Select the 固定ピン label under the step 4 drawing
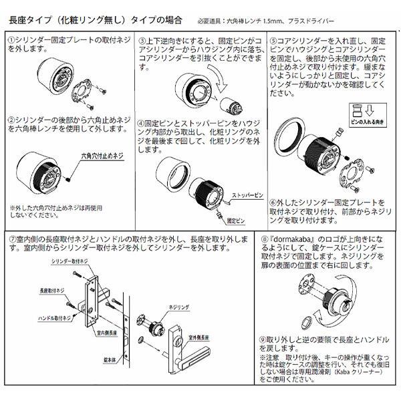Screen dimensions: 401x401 click(x=235, y=219)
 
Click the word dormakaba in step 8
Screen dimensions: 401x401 click(x=299, y=238)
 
